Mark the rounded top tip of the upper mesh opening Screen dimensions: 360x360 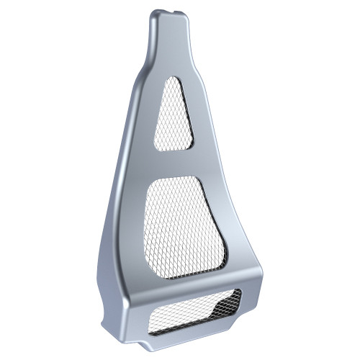pos(173,80)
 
